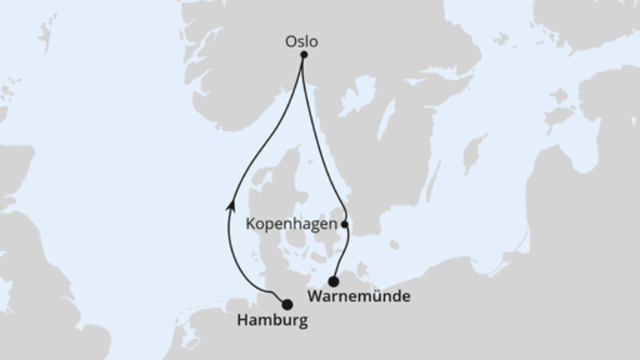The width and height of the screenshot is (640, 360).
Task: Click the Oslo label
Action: [301, 40]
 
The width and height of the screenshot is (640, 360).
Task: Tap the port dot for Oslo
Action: [304, 55]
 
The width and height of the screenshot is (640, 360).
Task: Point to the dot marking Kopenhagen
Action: [345, 225]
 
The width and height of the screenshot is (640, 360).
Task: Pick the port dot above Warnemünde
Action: [334, 281]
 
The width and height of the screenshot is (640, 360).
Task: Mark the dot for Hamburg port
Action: [287, 303]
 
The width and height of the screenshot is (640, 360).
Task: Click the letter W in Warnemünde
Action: [314, 297]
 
